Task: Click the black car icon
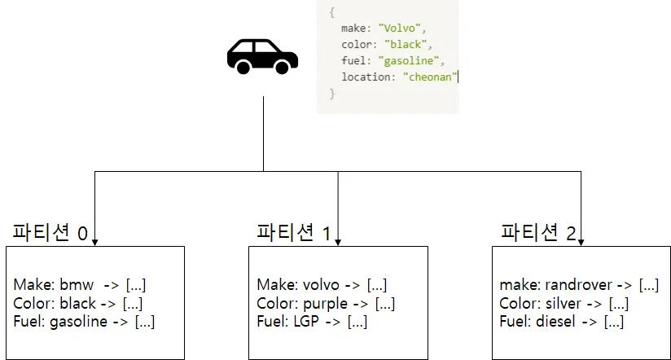tap(262, 56)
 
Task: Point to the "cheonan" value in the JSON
tap(431, 77)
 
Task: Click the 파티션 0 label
tap(50, 232)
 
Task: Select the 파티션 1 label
tap(293, 232)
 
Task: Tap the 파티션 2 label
tap(537, 232)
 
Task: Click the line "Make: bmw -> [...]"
tap(79, 285)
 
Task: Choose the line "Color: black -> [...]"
tap(78, 303)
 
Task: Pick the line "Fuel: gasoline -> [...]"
tap(84, 322)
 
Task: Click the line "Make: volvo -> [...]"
tap(322, 285)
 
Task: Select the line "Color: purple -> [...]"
tap(326, 303)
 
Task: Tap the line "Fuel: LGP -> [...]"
tap(312, 322)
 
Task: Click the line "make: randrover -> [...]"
tap(579, 285)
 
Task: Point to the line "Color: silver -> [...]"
tap(564, 303)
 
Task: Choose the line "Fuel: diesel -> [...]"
tap(562, 322)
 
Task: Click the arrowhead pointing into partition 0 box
tap(95, 241)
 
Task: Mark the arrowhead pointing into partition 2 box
tap(581, 241)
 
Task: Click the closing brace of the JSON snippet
tap(331, 94)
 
